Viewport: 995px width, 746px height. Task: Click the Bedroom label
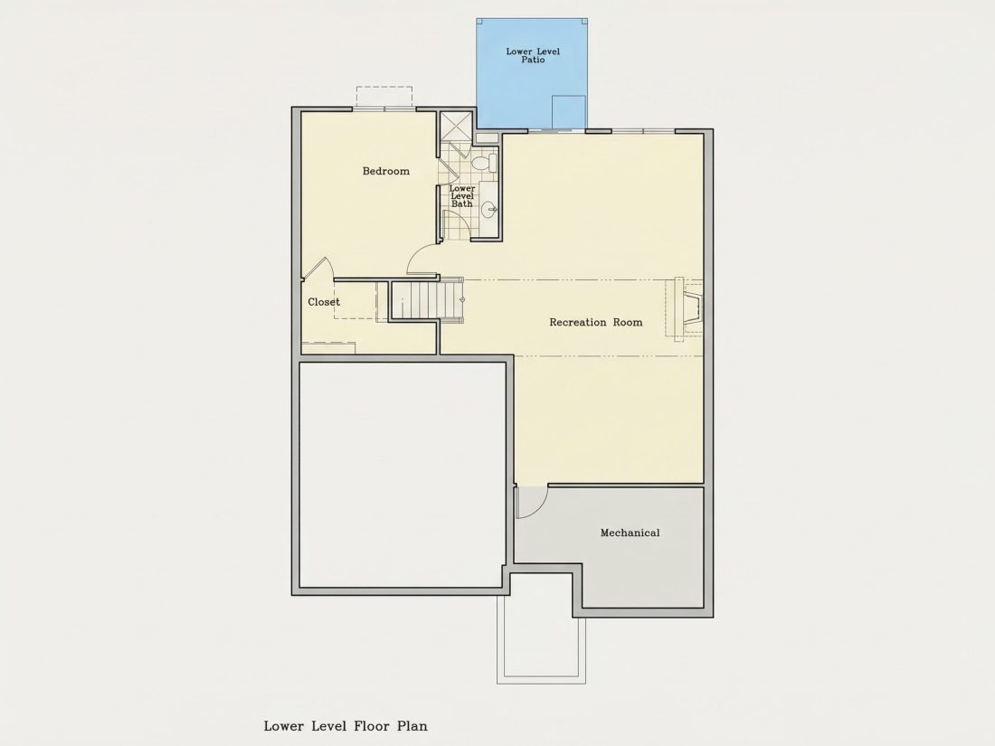tap(386, 171)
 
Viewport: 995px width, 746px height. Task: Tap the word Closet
tap(324, 302)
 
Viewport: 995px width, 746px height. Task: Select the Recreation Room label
tap(596, 322)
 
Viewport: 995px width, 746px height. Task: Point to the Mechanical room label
tap(630, 533)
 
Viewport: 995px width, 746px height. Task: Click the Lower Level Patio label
tap(533, 55)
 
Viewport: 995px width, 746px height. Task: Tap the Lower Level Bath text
tap(462, 196)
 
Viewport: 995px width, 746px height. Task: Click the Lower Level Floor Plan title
tap(346, 726)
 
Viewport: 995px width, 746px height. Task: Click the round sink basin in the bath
tap(489, 208)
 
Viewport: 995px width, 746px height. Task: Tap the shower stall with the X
tap(456, 127)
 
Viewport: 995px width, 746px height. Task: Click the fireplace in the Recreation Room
tap(688, 307)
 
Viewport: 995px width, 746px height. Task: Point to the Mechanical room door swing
tap(532, 502)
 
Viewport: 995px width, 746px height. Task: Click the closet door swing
tap(317, 269)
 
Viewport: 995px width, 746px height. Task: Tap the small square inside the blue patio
tap(568, 111)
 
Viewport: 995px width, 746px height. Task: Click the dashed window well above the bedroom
tap(384, 98)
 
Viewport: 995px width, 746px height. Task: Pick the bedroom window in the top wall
tap(384, 109)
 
